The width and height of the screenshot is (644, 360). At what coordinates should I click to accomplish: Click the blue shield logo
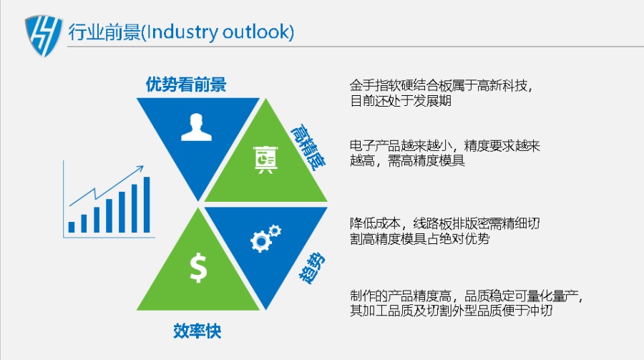click(x=44, y=36)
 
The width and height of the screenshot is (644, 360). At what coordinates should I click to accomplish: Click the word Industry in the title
click(x=182, y=32)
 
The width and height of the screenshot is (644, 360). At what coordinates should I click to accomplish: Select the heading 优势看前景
click(x=186, y=84)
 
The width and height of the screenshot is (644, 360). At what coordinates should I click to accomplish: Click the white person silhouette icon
click(x=196, y=127)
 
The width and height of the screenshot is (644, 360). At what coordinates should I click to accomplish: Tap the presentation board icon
click(x=265, y=160)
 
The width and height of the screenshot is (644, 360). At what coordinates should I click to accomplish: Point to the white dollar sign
click(x=198, y=268)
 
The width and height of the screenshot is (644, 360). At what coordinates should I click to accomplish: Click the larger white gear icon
click(x=260, y=241)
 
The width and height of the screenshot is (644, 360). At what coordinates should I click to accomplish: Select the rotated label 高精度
click(x=308, y=147)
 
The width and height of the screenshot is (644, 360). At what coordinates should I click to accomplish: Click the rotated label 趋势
click(x=312, y=268)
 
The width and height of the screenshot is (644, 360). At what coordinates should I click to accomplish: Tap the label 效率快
click(x=197, y=331)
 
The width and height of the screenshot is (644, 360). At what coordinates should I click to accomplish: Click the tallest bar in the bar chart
click(x=147, y=205)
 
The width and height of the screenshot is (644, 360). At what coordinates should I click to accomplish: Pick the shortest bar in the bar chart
click(x=72, y=228)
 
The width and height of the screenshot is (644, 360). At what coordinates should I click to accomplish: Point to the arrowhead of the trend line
click(x=140, y=168)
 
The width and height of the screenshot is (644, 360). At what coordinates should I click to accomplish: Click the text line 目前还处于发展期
click(x=401, y=101)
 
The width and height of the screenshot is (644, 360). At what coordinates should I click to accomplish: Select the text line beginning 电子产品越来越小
click(x=445, y=146)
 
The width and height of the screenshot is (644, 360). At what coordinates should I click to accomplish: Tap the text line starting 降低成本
click(x=445, y=223)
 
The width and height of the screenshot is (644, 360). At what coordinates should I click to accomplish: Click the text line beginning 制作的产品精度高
click(x=467, y=296)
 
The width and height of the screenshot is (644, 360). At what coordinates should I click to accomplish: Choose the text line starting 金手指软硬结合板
click(x=441, y=86)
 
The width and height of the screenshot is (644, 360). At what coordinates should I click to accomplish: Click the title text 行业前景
click(x=104, y=32)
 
